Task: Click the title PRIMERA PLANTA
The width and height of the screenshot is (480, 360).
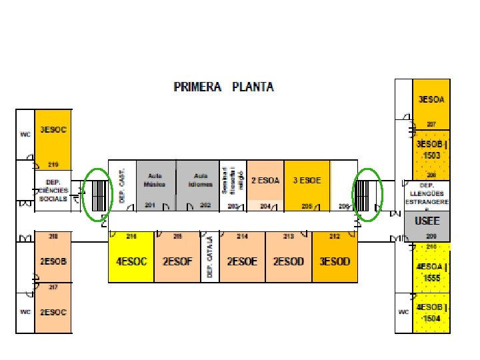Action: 223,87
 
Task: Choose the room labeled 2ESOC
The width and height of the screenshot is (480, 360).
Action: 53,311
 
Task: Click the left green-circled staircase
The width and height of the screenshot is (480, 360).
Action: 98,194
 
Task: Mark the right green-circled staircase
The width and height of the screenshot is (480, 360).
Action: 367,193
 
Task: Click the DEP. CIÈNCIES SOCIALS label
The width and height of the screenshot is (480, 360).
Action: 53,190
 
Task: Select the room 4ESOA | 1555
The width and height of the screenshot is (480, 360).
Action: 431,271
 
